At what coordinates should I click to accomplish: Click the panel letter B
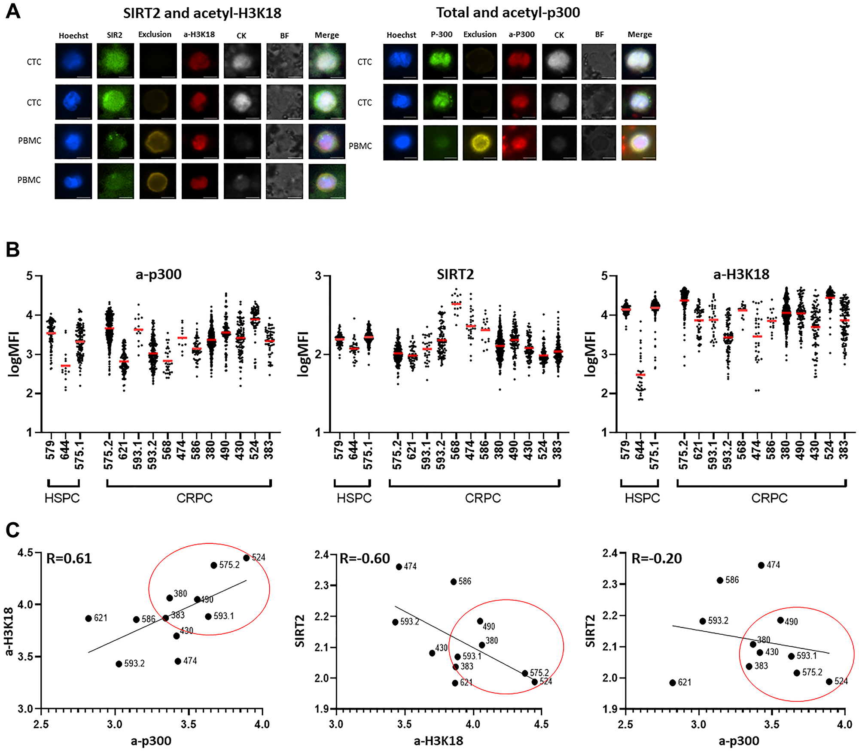12,249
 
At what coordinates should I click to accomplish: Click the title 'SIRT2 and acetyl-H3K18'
202,13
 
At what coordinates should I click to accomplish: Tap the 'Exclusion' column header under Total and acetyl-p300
480,34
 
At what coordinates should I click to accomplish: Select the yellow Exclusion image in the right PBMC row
480,143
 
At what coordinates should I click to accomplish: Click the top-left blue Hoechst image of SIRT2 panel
73,61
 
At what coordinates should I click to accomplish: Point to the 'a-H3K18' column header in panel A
199,34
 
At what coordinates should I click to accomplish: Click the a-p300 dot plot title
158,274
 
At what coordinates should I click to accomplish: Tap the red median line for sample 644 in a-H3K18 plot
640,375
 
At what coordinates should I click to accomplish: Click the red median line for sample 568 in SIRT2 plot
456,303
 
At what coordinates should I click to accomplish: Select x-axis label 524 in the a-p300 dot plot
254,450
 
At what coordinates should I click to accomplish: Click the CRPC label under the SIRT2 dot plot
483,498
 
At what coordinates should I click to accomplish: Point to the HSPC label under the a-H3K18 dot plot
642,498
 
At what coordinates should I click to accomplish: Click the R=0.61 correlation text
69,558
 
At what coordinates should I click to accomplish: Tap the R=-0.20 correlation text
657,558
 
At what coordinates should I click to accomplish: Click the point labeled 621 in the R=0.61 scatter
88,618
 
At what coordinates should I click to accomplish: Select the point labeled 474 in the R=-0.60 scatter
399,567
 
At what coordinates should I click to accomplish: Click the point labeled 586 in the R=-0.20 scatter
720,580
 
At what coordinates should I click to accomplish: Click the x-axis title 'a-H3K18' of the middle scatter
439,741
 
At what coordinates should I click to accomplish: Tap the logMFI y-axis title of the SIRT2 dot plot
303,354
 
